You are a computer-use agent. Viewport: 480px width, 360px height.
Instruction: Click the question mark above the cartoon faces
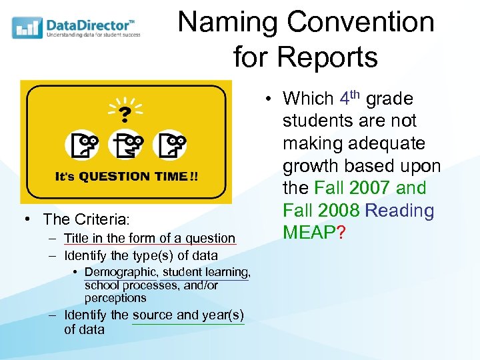click(x=125, y=113)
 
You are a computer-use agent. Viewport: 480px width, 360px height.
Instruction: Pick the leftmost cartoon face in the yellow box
click(x=81, y=144)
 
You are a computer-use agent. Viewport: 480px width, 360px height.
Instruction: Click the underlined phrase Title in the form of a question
click(x=149, y=238)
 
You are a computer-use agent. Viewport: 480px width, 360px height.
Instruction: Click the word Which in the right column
click(x=308, y=99)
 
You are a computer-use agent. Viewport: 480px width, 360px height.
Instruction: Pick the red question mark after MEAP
click(x=341, y=233)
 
